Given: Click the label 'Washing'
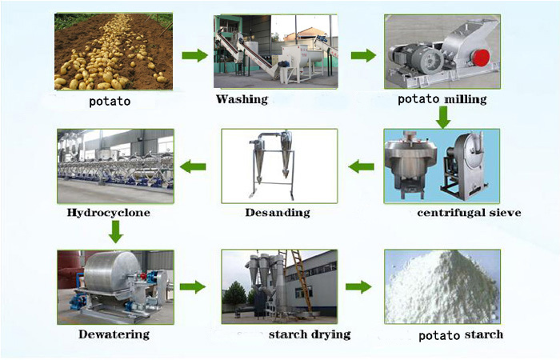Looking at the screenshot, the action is pyautogui.click(x=242, y=99).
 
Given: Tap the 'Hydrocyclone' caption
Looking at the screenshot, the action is pyautogui.click(x=109, y=213).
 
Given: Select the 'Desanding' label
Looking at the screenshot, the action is pyautogui.click(x=278, y=213).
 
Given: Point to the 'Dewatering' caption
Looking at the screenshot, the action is pyautogui.click(x=114, y=334).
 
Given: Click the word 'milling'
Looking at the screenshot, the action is pyautogui.click(x=464, y=99).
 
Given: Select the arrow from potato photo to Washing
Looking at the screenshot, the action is pyautogui.click(x=195, y=55).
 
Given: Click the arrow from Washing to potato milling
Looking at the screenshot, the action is pyautogui.click(x=363, y=55).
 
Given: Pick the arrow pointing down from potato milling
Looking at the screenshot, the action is pyautogui.click(x=443, y=118).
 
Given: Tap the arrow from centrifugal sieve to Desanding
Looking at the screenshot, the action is pyautogui.click(x=361, y=166).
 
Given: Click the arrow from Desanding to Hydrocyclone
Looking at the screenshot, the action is pyautogui.click(x=193, y=166).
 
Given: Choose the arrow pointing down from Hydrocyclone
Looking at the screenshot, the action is pyautogui.click(x=115, y=232).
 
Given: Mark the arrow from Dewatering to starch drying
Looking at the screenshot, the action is pyautogui.click(x=193, y=286).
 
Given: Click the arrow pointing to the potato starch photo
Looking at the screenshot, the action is pyautogui.click(x=358, y=286).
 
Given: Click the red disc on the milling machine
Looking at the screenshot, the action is pyautogui.click(x=480, y=57).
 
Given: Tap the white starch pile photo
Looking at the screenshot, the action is pyautogui.click(x=442, y=286).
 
